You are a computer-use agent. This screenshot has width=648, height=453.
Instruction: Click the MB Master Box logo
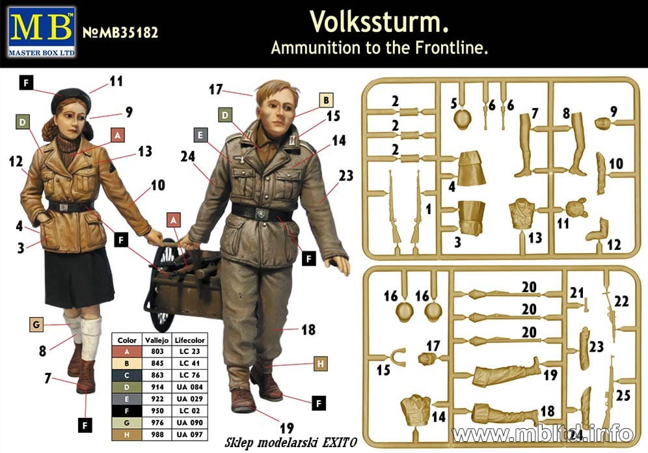42,32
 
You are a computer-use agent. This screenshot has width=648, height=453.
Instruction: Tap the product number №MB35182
120,33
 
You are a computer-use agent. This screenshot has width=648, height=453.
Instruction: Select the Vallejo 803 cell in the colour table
157,351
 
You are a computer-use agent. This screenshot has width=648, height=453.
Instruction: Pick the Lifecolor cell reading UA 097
190,435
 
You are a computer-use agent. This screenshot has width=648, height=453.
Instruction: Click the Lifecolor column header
190,340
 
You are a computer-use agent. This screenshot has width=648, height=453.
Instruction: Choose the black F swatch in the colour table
127,411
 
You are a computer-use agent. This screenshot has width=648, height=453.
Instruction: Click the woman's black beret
71,100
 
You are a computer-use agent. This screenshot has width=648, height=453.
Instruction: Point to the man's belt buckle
261,214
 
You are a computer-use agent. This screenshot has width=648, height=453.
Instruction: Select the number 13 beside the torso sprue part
535,238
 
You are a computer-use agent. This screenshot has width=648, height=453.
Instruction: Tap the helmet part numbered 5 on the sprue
463,120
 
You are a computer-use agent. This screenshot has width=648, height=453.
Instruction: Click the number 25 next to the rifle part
623,395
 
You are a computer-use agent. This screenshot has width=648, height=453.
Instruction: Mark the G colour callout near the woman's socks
36,325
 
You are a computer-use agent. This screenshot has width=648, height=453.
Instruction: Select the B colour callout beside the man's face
326,100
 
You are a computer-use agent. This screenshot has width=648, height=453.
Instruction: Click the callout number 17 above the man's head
216,89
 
